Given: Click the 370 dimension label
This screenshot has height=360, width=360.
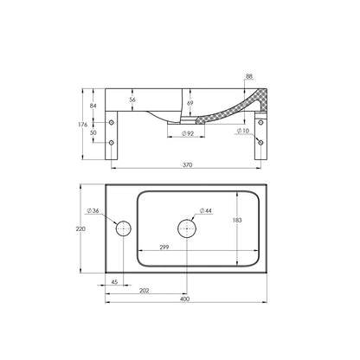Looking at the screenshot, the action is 188,165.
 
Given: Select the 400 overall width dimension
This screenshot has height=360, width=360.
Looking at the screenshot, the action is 184,299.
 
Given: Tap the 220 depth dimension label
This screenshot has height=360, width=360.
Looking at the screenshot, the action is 80,228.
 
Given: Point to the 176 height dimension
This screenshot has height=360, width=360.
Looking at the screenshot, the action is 83,125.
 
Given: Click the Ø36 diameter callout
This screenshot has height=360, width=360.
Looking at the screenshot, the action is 93,210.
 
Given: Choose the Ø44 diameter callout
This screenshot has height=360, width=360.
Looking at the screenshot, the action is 205,210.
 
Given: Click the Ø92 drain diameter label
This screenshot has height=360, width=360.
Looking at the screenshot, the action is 188,133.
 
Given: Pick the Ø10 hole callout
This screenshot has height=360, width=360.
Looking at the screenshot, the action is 243,131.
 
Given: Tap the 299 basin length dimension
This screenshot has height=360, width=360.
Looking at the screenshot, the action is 164,247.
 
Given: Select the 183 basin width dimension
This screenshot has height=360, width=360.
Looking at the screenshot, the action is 237,220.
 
